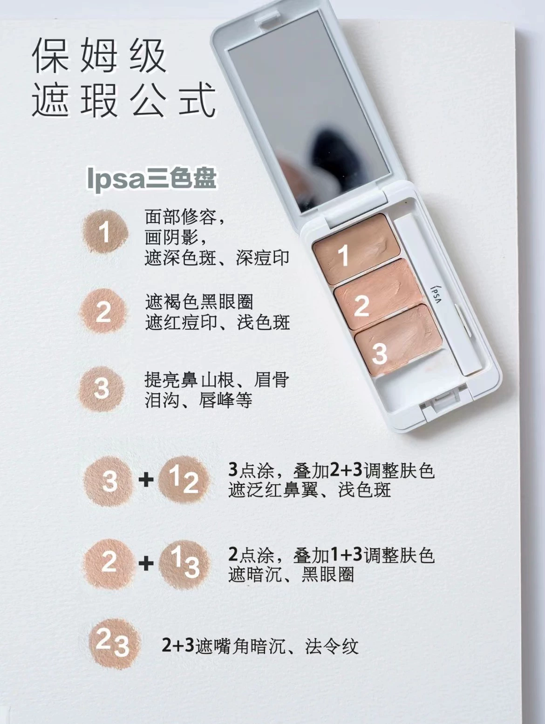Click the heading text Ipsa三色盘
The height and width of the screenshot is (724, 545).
click(x=151, y=179)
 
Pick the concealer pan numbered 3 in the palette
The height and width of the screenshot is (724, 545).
click(x=398, y=341)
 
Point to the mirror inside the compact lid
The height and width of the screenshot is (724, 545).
click(x=309, y=111)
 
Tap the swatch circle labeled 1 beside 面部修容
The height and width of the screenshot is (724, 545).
click(x=105, y=232)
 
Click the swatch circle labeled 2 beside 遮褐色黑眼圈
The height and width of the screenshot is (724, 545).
click(x=103, y=311)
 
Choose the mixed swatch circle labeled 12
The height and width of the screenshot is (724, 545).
click(x=184, y=481)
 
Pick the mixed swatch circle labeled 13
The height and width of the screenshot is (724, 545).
click(x=184, y=565)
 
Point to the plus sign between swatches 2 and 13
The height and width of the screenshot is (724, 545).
click(x=146, y=563)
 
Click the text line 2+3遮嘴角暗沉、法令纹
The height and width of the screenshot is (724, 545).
click(x=260, y=646)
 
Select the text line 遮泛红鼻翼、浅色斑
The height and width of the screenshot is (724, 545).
click(x=310, y=491)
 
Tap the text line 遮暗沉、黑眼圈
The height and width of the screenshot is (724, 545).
click(x=292, y=575)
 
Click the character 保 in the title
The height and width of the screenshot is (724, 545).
click(x=51, y=55)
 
